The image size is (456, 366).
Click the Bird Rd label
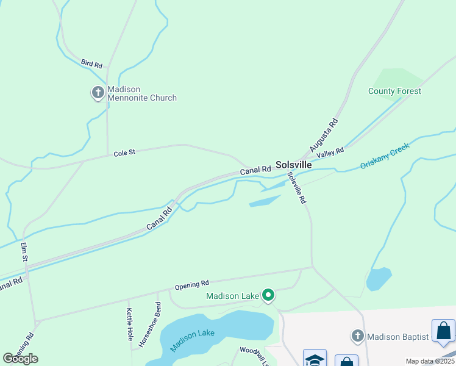click(x=91, y=63)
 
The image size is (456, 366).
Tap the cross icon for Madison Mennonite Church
click(x=98, y=93)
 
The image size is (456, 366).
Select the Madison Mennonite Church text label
click(x=142, y=93)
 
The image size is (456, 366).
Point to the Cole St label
click(x=124, y=154)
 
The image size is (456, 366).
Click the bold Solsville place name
click(x=294, y=165)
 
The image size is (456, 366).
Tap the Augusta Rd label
click(x=324, y=135)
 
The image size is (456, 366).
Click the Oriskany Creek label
click(x=385, y=157)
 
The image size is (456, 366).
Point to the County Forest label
click(x=394, y=91)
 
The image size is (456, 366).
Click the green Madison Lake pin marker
click(x=268, y=296)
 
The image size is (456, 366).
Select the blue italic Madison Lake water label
click(x=192, y=341)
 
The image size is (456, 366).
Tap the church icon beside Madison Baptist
click(x=358, y=336)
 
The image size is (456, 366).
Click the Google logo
click(x=20, y=359)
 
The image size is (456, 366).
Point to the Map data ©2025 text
click(x=430, y=361)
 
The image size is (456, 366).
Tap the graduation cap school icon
click(x=315, y=359)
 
